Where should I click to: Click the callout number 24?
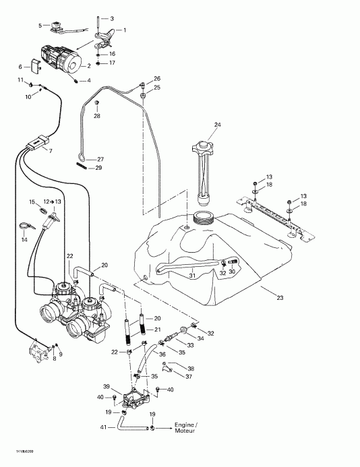217,125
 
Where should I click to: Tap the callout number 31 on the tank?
191,274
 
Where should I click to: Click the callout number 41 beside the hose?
104,428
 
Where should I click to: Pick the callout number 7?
49,151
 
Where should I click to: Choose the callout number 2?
88,65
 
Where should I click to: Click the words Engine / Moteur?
185,428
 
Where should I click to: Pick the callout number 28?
96,116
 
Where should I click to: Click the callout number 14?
24,239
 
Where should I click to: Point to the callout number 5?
40,26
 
